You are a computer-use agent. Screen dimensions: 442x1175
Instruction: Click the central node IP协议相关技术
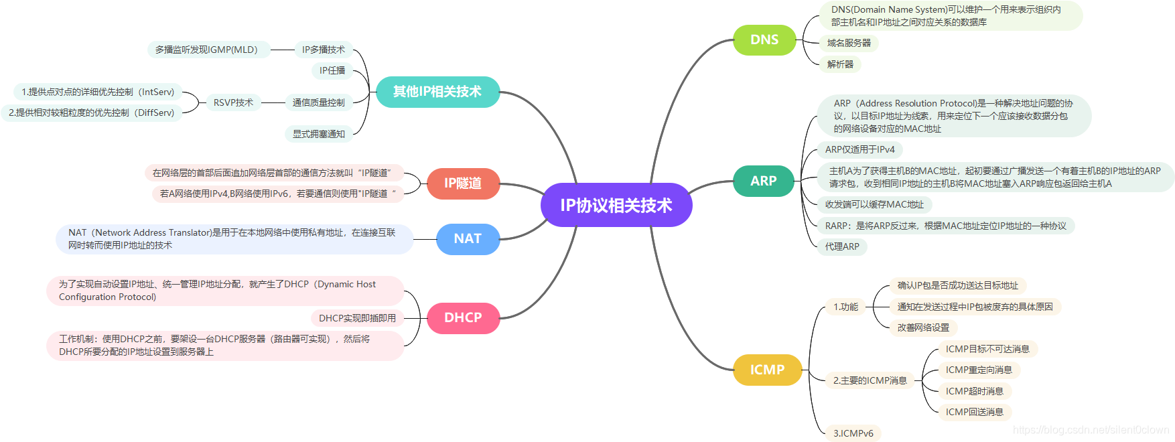point(616,205)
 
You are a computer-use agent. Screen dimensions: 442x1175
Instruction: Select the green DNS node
point(764,40)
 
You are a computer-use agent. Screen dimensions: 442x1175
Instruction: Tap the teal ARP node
point(763,181)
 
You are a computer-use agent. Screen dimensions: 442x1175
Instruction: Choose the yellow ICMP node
point(767,370)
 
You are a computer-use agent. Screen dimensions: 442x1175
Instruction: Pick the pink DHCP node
point(463,317)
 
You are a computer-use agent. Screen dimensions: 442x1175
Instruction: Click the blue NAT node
point(468,238)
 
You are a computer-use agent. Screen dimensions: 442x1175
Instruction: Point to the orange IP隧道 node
point(463,183)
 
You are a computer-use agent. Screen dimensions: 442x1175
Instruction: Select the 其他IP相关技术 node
point(437,92)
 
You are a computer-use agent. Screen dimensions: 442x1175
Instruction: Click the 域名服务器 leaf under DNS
point(849,43)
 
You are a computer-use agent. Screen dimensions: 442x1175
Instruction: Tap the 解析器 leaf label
point(840,64)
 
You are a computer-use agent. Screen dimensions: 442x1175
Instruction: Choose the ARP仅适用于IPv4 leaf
point(859,149)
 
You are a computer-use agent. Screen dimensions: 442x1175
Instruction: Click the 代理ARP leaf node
point(842,246)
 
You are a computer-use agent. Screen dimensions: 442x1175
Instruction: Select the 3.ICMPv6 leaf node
point(853,433)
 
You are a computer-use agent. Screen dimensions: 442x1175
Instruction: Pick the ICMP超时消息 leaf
point(974,391)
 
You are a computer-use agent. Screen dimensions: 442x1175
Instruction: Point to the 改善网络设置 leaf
point(923,327)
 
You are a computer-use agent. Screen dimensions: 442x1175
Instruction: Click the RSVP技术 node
point(233,102)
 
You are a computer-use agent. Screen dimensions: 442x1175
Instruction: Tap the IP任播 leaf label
point(332,70)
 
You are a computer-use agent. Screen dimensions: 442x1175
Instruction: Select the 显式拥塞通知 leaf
point(319,134)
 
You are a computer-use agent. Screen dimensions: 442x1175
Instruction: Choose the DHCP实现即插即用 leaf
point(357,318)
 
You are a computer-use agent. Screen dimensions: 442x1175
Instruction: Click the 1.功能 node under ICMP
point(845,307)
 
